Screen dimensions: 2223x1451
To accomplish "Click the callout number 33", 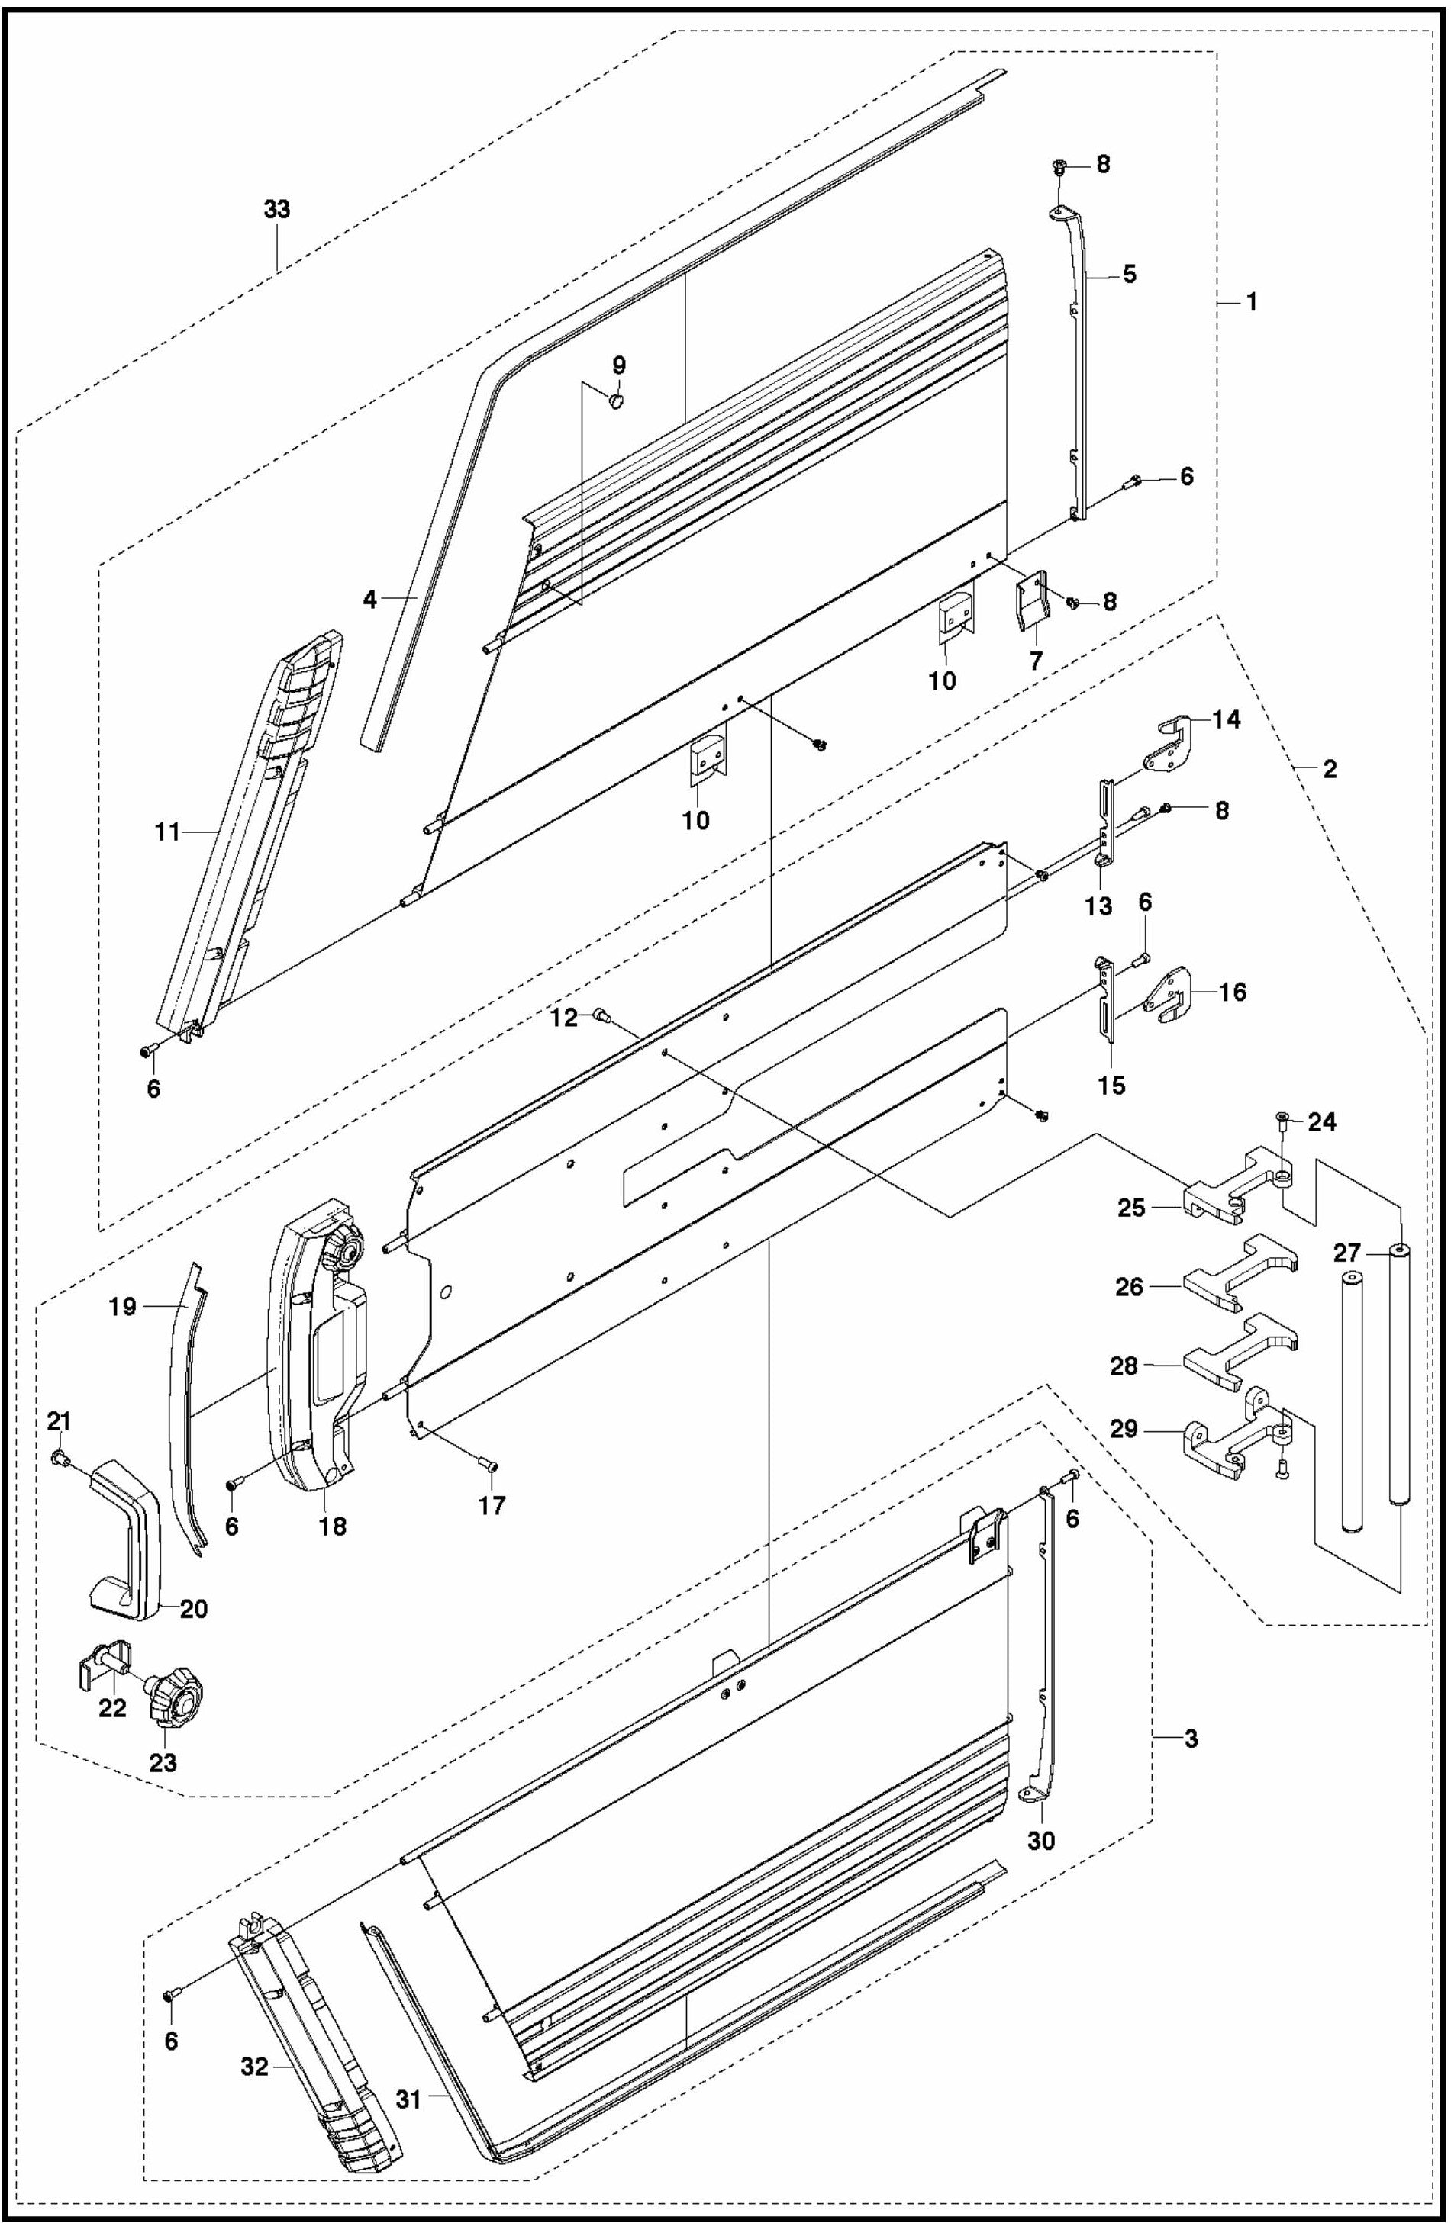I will (x=276, y=209).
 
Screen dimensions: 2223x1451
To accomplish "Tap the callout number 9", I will (x=618, y=365).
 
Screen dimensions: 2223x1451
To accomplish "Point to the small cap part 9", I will (x=617, y=401).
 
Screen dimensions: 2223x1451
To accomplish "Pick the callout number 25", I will (x=1131, y=1208).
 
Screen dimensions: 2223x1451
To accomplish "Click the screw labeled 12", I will (x=601, y=1015).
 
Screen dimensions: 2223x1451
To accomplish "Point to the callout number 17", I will (x=492, y=1504).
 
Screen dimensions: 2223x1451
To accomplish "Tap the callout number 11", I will (x=168, y=832).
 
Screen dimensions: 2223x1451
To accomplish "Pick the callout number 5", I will (x=1130, y=275).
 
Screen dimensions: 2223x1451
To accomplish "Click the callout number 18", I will (x=333, y=1527).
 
